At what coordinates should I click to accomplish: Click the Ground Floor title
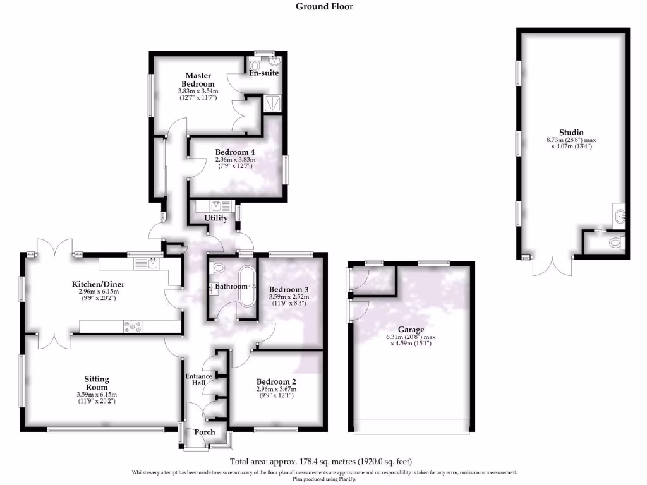(324, 7)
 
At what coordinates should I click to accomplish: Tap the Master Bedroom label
(198, 80)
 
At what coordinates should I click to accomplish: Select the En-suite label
(264, 73)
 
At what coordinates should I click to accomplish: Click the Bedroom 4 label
(235, 152)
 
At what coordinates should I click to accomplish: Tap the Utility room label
(215, 218)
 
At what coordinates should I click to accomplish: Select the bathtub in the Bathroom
(246, 286)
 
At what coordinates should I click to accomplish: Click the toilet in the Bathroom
(219, 268)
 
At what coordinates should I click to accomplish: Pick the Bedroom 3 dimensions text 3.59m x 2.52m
(289, 296)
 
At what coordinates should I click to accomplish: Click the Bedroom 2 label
(276, 382)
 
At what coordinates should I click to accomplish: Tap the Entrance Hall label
(198, 380)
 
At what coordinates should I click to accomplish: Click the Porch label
(203, 433)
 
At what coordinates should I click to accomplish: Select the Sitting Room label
(97, 383)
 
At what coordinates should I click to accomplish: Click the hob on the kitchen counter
(132, 326)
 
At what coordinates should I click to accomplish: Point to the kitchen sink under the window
(152, 262)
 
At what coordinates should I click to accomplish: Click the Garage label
(411, 330)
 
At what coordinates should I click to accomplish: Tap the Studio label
(574, 133)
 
